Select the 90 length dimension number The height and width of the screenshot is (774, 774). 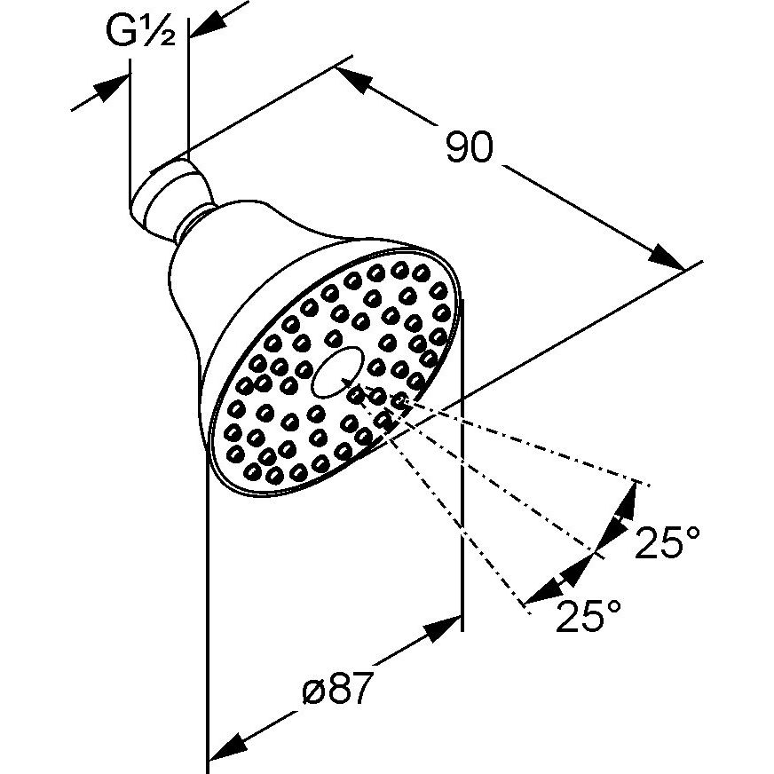pyautogui.click(x=470, y=146)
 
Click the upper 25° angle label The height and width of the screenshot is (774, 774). pyautogui.click(x=667, y=542)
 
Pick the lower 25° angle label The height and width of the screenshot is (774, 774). pyautogui.click(x=588, y=616)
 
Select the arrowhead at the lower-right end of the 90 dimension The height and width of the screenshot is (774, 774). pyautogui.click(x=667, y=257)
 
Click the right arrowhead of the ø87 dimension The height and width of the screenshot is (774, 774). pyautogui.click(x=443, y=627)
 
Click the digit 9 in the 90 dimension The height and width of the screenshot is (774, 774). pyautogui.click(x=458, y=146)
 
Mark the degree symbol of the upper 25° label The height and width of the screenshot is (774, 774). pyautogui.click(x=693, y=533)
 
